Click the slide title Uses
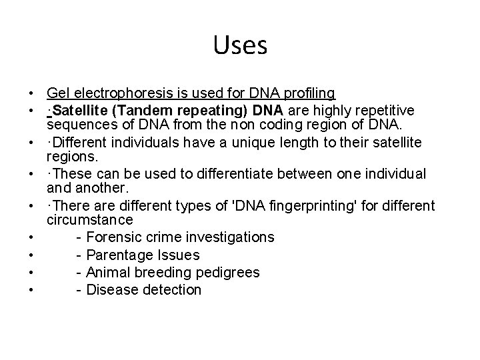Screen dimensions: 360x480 click(x=240, y=46)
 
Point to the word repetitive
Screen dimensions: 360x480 click(x=385, y=109)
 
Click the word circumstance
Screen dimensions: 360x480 click(x=91, y=220)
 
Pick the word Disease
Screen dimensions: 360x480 click(x=109, y=290)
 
